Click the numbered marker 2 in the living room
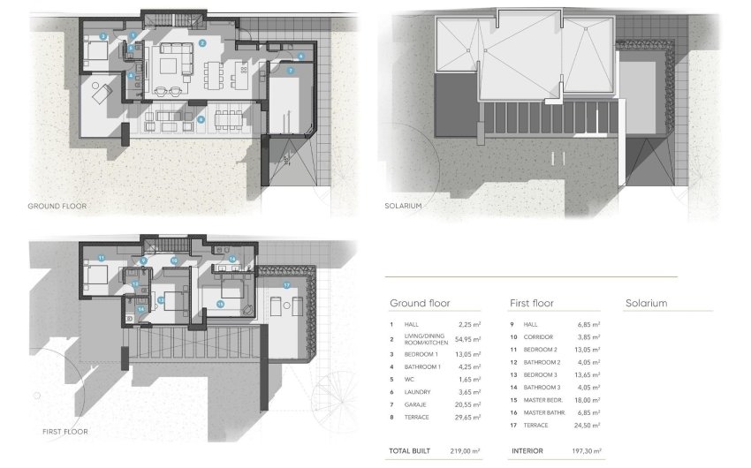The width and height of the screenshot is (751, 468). tap(202, 42)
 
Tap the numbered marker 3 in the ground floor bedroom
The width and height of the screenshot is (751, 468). tap(103, 35)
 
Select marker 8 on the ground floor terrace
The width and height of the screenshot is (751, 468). tap(201, 118)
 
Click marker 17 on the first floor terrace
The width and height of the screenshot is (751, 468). tap(286, 285)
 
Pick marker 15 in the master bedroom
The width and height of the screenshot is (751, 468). tap(220, 303)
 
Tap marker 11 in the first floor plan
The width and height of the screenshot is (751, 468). tap(102, 257)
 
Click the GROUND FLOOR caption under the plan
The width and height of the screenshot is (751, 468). tap(57, 206)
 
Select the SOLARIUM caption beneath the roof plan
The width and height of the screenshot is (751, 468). tap(403, 206)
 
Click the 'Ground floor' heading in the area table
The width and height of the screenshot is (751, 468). tap(420, 303)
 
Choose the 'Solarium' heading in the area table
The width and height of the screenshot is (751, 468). tap(646, 303)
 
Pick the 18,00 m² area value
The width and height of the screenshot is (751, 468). tap(586, 398)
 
